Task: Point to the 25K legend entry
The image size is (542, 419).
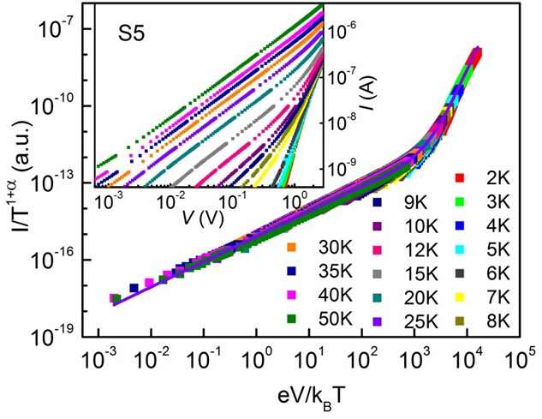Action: point(398,320)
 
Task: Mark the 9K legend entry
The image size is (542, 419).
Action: point(398,202)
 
